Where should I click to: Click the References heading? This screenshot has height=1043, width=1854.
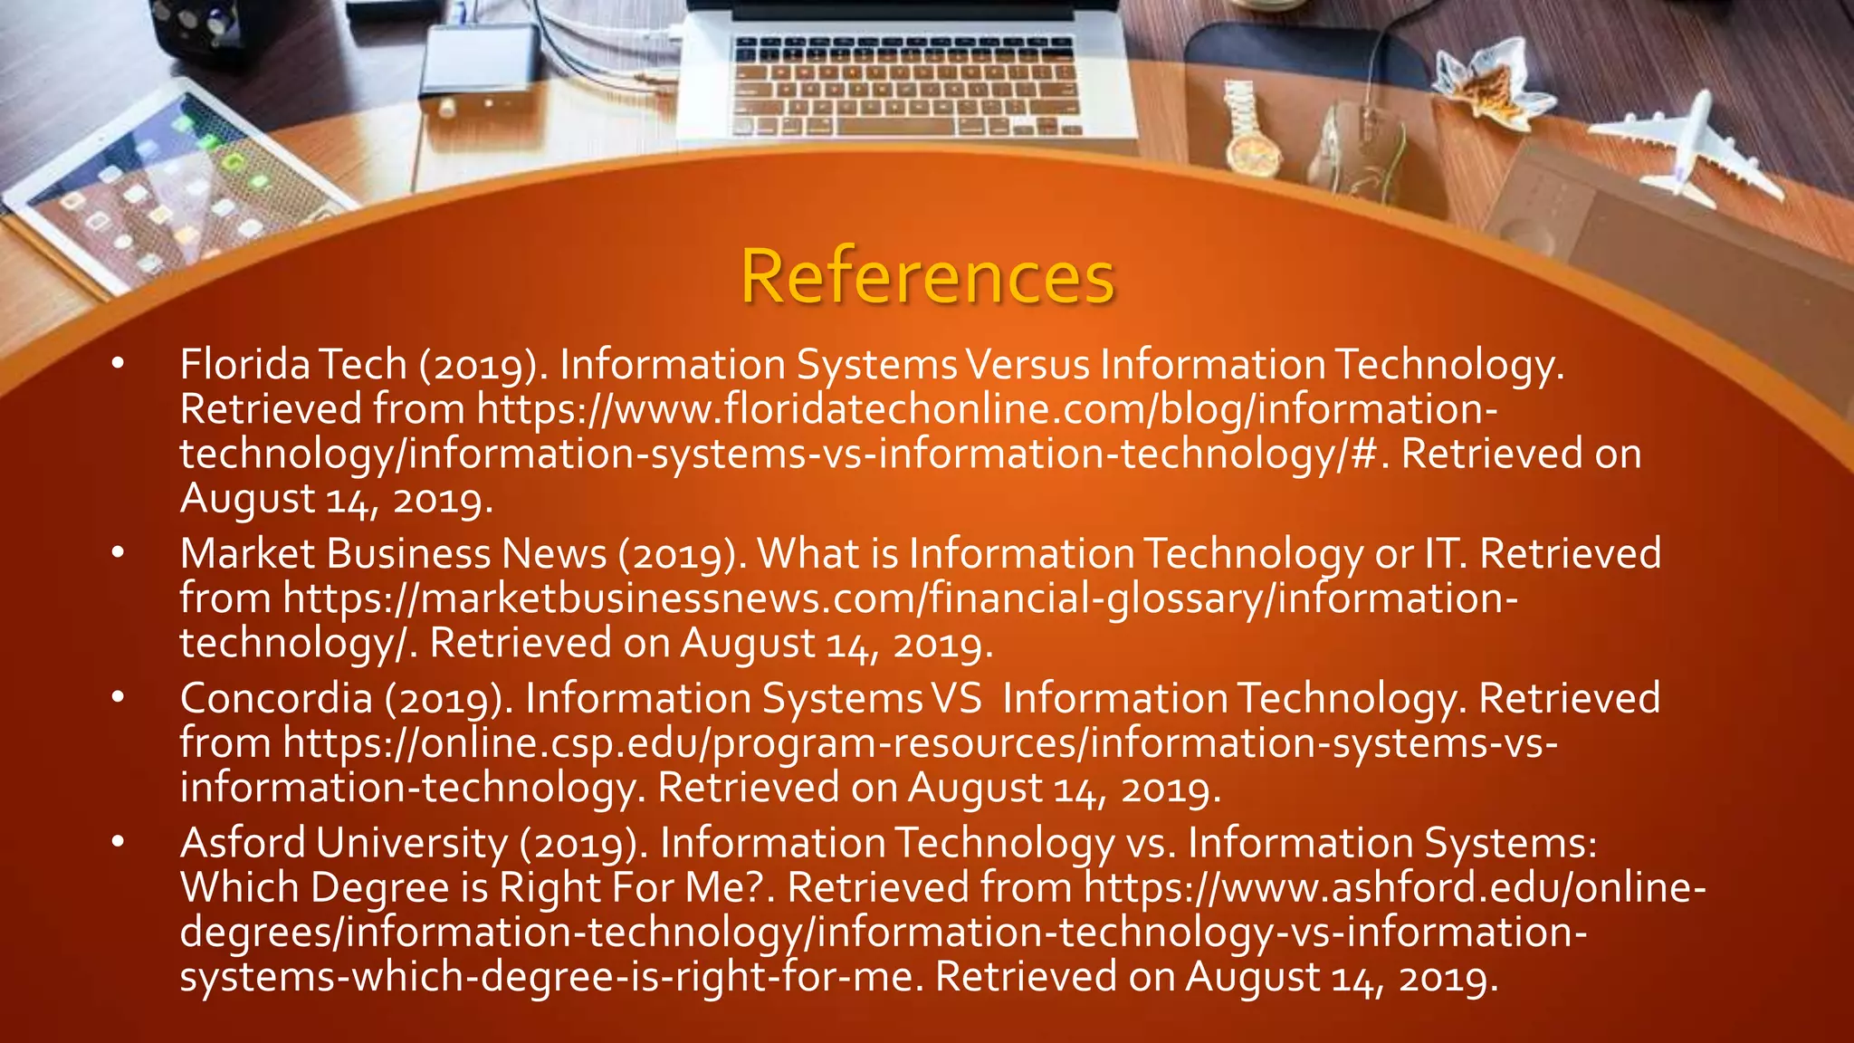927,276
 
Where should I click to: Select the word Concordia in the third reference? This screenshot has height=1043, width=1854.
276,698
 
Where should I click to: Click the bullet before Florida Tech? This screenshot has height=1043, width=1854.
118,364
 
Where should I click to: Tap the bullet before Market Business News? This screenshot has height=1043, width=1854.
118,553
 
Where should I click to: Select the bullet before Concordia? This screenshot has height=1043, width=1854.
118,698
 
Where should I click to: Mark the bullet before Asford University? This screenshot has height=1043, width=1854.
118,843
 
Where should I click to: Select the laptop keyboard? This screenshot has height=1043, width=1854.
905,86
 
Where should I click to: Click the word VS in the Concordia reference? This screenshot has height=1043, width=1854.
956,698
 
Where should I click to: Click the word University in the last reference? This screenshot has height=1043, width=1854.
412,843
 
